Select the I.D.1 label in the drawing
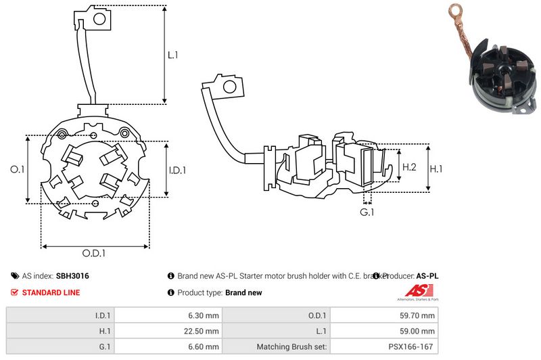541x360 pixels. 177,170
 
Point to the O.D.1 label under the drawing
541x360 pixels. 95,253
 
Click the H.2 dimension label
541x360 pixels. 408,166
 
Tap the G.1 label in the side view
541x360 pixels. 367,212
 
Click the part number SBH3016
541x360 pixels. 73,276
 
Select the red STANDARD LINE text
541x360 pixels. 51,292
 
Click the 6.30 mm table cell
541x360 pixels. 204,315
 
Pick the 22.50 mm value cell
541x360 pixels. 202,331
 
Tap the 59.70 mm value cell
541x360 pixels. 419,315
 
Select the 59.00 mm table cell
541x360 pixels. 419,331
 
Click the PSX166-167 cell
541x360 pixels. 413,347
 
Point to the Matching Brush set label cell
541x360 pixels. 291,347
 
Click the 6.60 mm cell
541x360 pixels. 204,347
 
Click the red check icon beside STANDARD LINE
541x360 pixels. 15,292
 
